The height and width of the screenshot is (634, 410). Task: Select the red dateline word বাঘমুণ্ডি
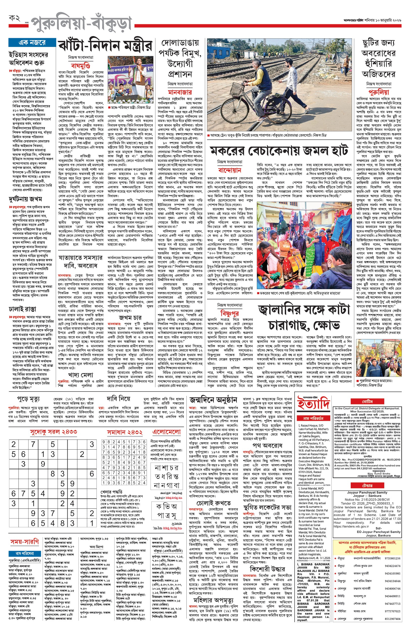[x=81, y=65]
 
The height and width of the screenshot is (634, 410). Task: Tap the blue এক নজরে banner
[x=32, y=43]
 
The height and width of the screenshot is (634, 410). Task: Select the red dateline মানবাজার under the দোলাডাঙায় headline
[x=180, y=92]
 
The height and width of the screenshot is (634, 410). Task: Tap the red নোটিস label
[x=367, y=401]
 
